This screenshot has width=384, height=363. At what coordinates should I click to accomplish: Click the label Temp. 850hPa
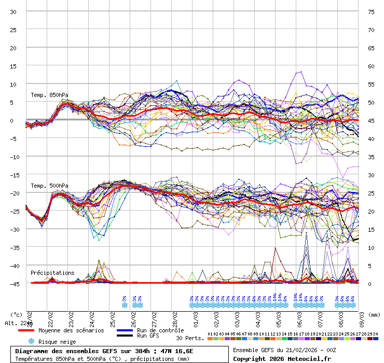pos(49,95)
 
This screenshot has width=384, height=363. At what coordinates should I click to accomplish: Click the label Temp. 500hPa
pos(49,186)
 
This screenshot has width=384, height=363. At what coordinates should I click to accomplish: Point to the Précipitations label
pos(52,273)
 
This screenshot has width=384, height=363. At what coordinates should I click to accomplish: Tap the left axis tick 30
pos(13,11)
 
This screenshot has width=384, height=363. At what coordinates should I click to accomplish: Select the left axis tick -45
pos(13,284)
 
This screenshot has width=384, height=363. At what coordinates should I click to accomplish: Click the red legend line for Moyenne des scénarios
pos(26,330)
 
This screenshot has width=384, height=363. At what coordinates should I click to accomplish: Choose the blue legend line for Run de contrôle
pos(125,330)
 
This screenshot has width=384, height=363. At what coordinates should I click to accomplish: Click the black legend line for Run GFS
pos(125,336)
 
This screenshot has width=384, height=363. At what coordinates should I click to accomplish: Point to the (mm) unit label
pos(375,314)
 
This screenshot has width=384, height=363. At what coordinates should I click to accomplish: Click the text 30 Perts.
pos(190,338)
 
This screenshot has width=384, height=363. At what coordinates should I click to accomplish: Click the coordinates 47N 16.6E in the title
pos(175,351)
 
